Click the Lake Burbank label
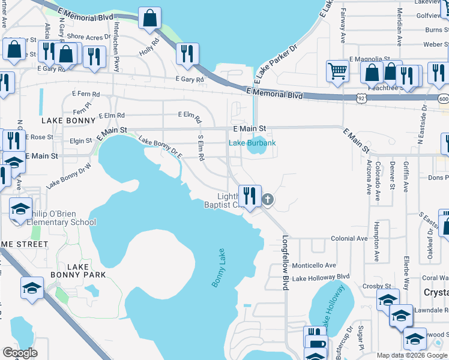tap(252, 143)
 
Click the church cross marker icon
tap(268, 199)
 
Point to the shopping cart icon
tap(338, 71)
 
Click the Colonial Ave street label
tap(349, 238)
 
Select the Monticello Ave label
tap(314, 265)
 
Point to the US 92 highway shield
tap(361, 97)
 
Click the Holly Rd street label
tap(151, 48)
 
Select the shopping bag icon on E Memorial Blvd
tap(149, 18)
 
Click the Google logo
tap(20, 353)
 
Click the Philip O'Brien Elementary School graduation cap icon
tap(20, 209)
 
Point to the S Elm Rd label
tap(201, 147)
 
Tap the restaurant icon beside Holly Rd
tap(187, 53)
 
